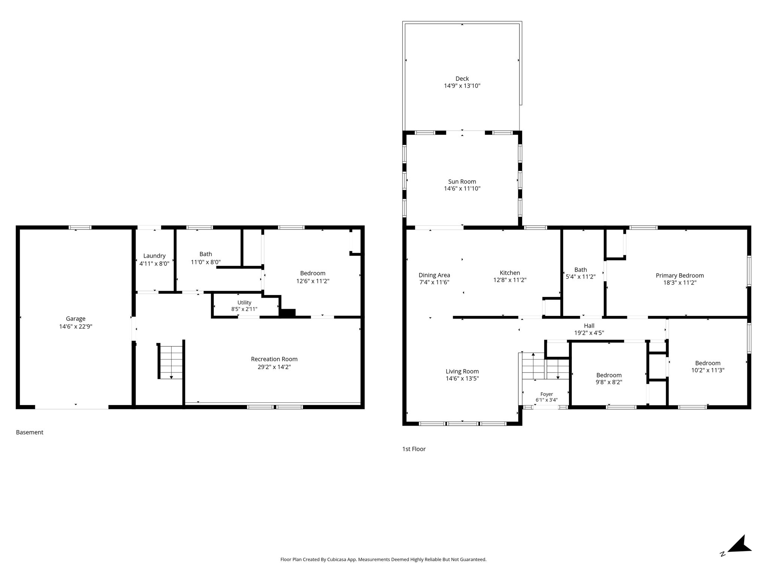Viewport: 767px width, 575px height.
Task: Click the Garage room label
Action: coord(76,319)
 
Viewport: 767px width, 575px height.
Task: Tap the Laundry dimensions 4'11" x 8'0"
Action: coord(154,263)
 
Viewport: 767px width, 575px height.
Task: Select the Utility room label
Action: coord(244,302)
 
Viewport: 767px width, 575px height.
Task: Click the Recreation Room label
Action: coord(274,359)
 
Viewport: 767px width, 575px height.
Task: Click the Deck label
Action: coord(462,79)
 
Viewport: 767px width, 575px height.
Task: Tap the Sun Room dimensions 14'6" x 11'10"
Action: coord(462,189)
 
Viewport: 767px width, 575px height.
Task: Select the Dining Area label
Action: coord(434,275)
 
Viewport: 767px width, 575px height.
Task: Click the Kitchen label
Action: coord(510,273)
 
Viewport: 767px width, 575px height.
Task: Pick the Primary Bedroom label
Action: coord(680,276)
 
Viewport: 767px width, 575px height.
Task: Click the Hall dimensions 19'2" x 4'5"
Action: coord(589,333)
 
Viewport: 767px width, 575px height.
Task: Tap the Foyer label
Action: coord(547,394)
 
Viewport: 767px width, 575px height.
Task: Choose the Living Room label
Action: coord(462,371)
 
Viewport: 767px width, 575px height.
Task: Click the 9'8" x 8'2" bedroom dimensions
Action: coord(609,382)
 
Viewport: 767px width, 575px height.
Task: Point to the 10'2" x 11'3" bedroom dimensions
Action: coord(708,370)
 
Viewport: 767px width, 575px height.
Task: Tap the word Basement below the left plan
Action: coord(30,432)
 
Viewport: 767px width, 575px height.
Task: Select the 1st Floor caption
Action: coord(414,449)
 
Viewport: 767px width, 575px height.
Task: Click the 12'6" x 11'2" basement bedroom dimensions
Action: coord(313,281)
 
